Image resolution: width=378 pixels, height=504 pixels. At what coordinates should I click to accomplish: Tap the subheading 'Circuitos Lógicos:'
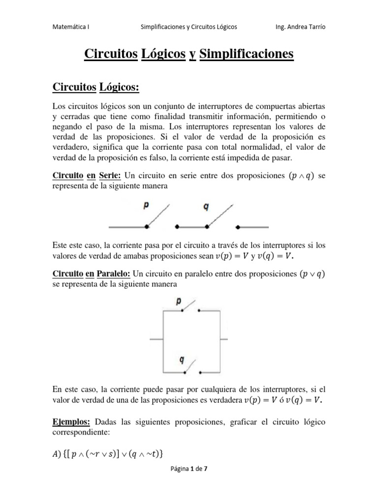pyautogui.click(x=96, y=87)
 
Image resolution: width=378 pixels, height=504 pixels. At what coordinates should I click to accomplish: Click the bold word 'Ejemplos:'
pyautogui.click(x=70, y=422)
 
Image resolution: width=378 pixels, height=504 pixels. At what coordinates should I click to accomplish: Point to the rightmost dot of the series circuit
pyautogui.click(x=238, y=227)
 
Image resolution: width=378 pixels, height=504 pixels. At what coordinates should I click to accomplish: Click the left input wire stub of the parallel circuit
pyautogui.click(x=156, y=340)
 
